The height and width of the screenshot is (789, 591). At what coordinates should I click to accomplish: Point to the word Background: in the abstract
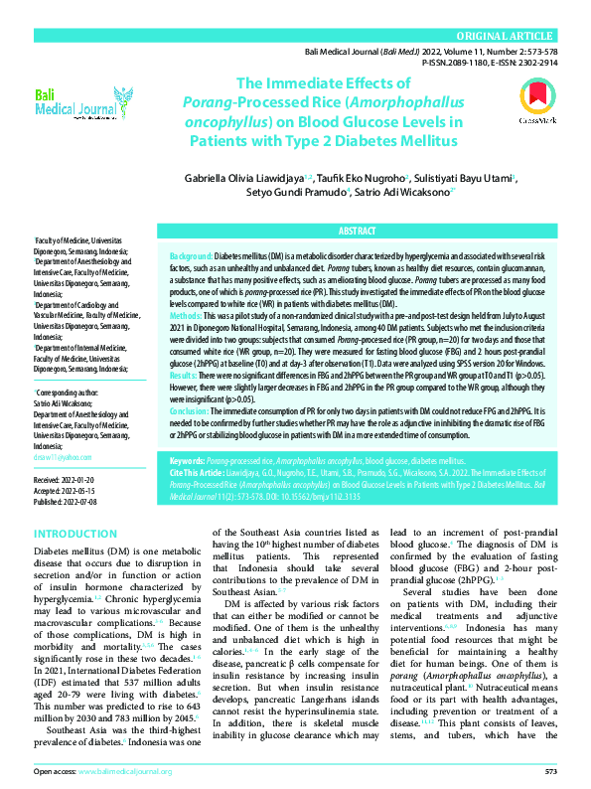pos(191,255)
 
